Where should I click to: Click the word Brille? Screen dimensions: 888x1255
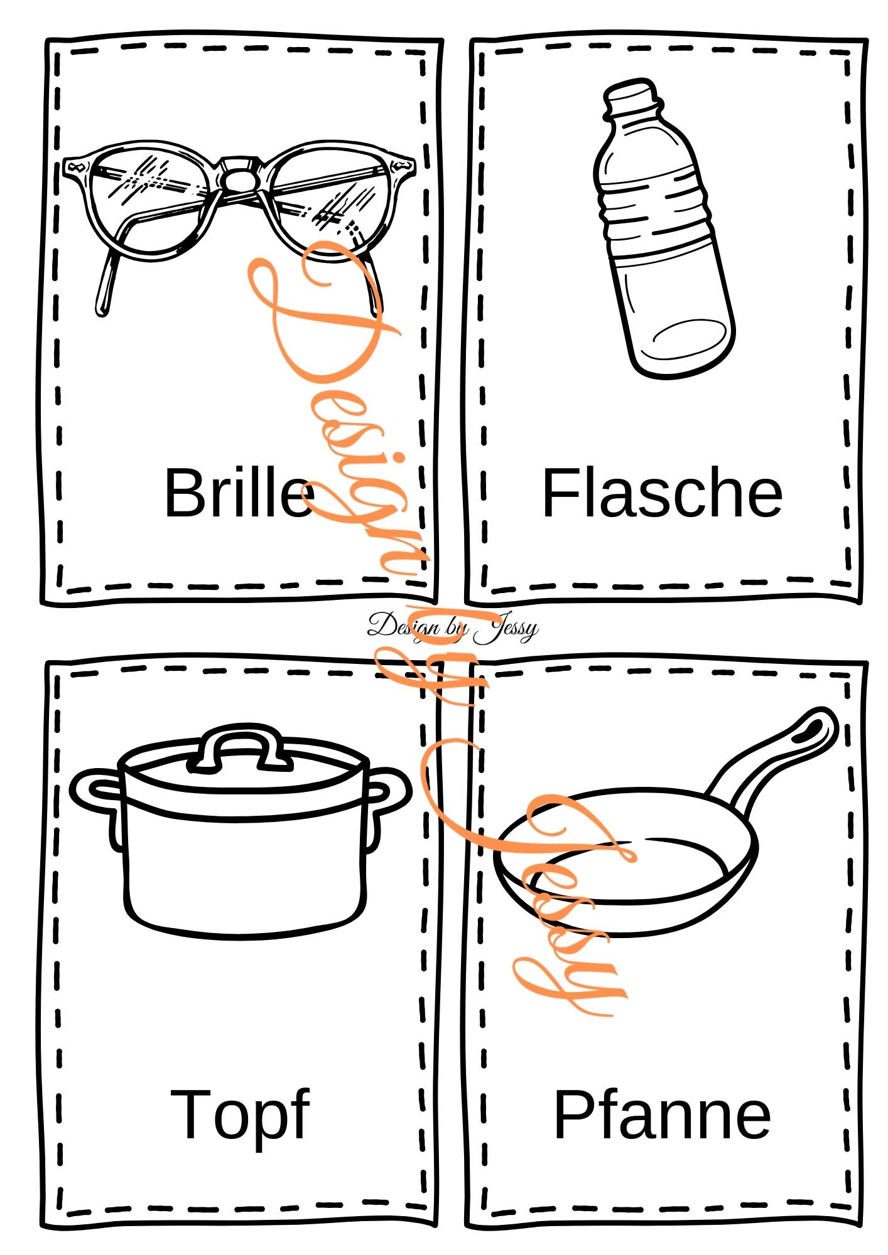click(239, 493)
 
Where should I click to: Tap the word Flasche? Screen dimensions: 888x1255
click(662, 493)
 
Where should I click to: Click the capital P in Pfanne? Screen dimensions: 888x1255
click(573, 1114)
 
